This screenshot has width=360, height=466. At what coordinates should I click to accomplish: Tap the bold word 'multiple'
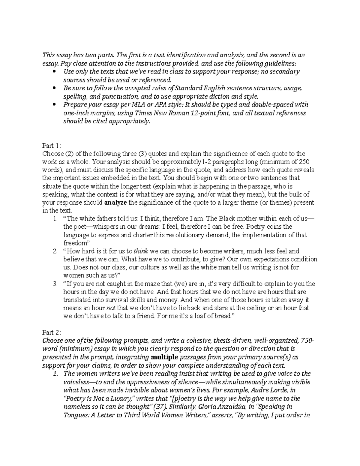(x=165, y=357)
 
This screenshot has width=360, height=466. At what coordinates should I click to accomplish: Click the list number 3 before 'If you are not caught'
(x=55, y=284)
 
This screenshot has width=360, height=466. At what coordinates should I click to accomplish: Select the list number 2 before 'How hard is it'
(x=55, y=251)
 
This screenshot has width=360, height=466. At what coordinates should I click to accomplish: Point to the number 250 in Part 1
(x=300, y=162)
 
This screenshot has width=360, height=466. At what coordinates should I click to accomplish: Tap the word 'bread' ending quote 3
(x=223, y=316)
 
